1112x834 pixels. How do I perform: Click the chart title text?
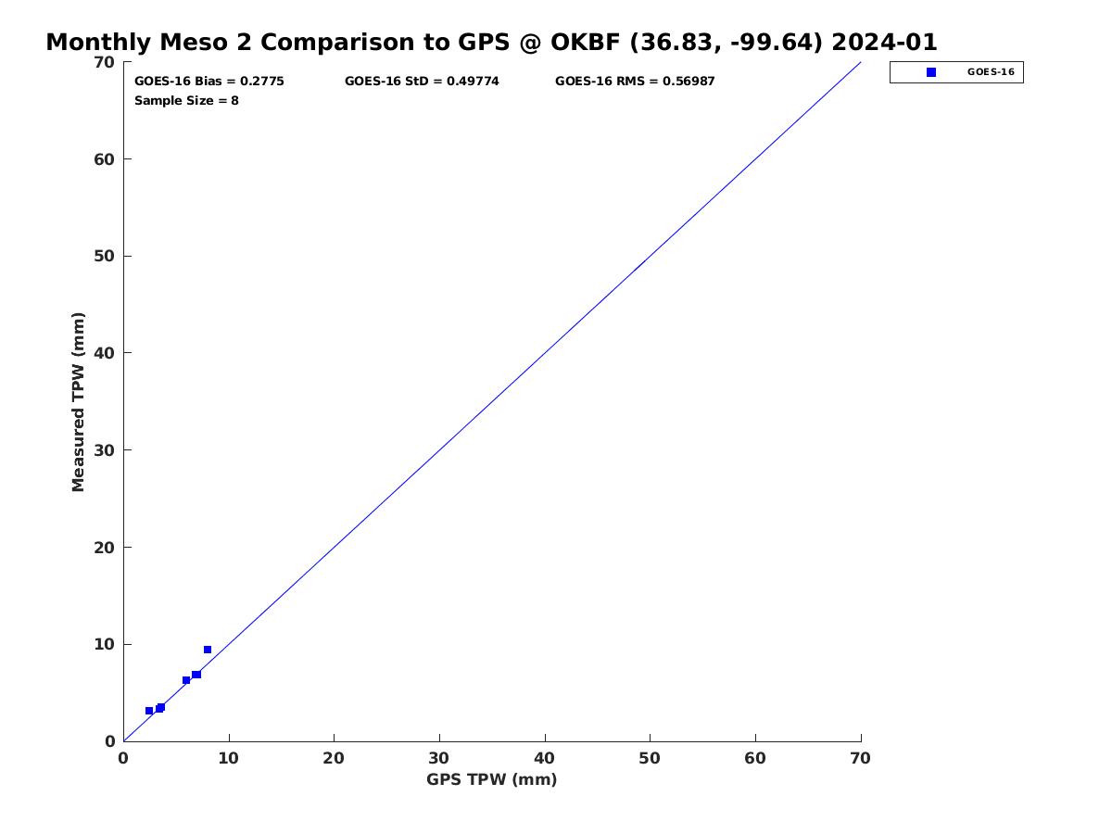pos(491,42)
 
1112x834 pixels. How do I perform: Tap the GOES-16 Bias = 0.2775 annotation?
pos(208,81)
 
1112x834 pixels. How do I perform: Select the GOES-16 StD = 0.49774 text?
pos(422,81)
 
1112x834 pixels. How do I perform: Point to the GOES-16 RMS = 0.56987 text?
pos(634,81)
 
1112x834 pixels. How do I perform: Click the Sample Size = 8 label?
pos(186,100)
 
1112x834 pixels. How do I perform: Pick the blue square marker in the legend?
pos(930,72)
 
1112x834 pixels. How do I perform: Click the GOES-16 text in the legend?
pos(991,72)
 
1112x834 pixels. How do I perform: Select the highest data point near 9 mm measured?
pos(208,650)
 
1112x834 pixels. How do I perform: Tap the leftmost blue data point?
pos(149,711)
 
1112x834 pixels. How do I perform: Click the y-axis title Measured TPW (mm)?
pos(78,401)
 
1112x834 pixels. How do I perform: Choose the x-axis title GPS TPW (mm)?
pos(491,779)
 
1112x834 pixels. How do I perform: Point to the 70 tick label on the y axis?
pos(105,62)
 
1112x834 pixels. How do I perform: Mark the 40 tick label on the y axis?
pos(105,353)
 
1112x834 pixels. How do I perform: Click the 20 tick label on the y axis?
pos(105,548)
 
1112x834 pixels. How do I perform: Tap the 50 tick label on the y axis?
pos(105,257)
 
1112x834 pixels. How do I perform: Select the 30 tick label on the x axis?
pos(438,758)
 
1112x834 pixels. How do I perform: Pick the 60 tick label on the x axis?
pos(755,758)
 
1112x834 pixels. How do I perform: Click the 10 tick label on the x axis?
pos(229,758)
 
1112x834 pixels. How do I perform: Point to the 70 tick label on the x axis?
pos(860,758)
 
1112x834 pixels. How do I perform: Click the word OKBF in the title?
pos(585,42)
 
